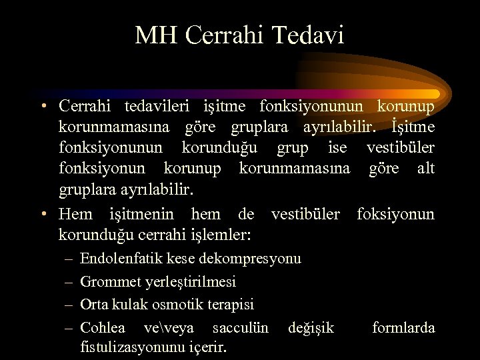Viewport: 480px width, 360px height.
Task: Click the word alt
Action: click(426, 169)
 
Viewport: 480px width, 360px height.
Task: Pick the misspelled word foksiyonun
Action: click(395, 214)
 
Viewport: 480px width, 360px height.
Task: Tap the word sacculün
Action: click(240, 327)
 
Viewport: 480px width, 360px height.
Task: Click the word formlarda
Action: click(403, 327)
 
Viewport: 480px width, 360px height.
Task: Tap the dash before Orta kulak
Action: click(70, 305)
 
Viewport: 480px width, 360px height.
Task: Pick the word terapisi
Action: click(231, 305)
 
